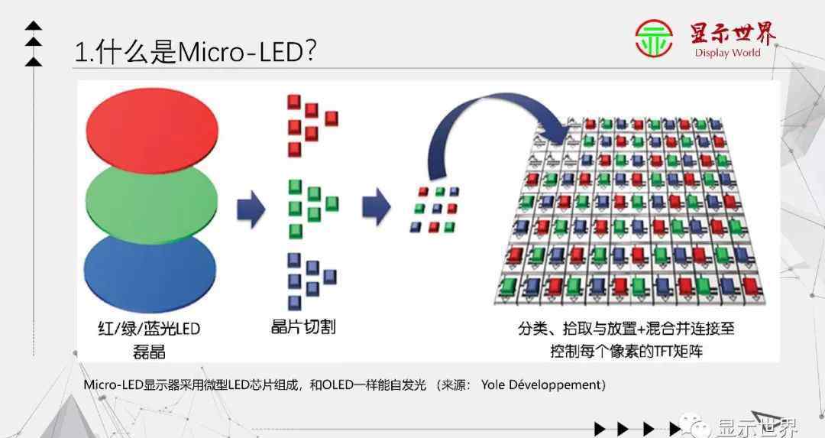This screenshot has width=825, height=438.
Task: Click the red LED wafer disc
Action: coord(152,129)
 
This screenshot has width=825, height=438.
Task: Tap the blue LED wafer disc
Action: coord(150,273)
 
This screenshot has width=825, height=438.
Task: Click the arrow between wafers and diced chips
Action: coord(251,209)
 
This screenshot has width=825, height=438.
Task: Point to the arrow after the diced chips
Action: coord(376,206)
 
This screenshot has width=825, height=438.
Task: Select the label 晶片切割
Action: coord(303,327)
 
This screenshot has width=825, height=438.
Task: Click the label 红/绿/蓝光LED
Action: coord(149,329)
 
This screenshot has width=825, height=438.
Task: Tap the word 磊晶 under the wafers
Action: coord(149,351)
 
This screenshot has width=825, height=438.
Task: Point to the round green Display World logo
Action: coord(653,38)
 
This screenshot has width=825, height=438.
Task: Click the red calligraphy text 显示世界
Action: coord(733,34)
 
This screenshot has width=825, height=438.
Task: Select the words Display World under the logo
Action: coord(728,53)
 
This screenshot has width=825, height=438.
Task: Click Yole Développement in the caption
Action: coord(540,384)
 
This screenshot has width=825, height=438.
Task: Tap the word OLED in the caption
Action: coord(338,384)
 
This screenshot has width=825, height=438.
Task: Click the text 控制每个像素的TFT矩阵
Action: coord(626,351)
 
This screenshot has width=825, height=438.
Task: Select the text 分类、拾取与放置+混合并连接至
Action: coord(626,329)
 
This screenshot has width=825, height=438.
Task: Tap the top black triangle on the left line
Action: coord(34,24)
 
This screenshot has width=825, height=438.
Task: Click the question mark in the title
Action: coord(310,51)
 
